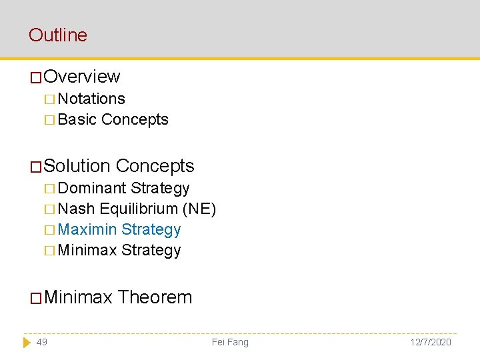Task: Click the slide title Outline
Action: (x=58, y=35)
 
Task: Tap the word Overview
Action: (x=81, y=77)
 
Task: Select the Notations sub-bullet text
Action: (x=91, y=99)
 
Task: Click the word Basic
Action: (x=77, y=119)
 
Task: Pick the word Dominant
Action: (x=92, y=188)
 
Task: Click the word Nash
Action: (x=76, y=209)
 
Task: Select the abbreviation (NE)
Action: (x=199, y=209)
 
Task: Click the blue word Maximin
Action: (x=87, y=229)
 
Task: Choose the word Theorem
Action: (x=155, y=297)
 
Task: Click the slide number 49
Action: (x=41, y=342)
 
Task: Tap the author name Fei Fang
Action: (x=230, y=342)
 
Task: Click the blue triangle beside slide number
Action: (x=27, y=342)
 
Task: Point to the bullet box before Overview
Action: (x=36, y=77)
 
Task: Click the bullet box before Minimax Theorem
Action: (x=36, y=297)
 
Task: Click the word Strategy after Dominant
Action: (x=160, y=188)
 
